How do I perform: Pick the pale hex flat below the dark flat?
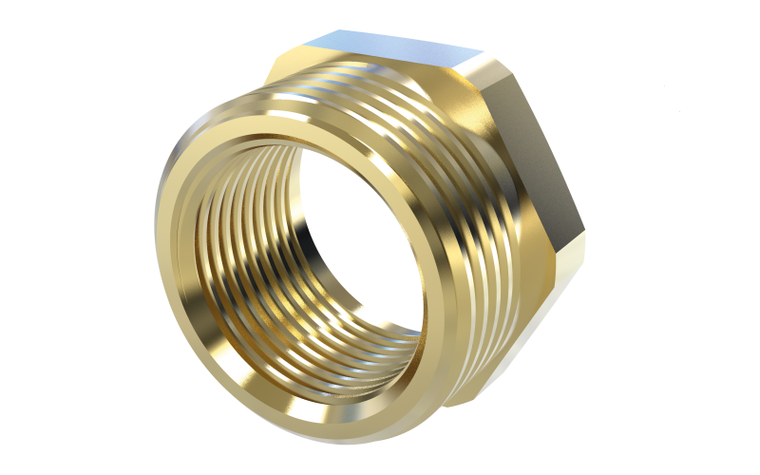565,275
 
